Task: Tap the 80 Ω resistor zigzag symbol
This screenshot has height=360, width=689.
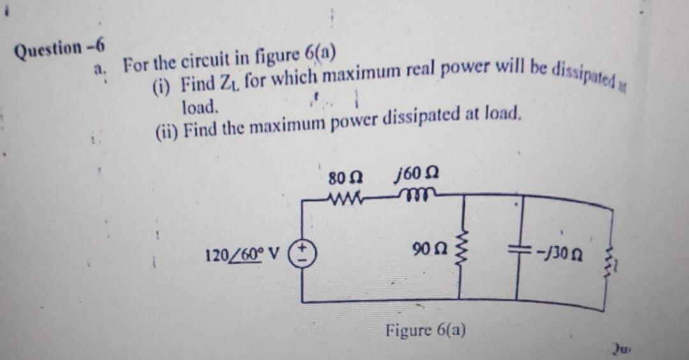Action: coord(346,196)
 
